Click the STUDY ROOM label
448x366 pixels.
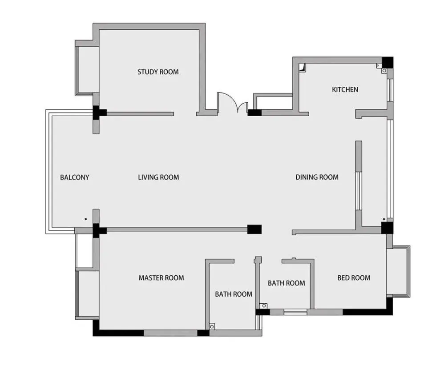158,72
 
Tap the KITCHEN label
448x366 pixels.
345,89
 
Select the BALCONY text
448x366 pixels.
75,177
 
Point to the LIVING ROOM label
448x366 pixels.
158,177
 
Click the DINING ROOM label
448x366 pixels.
317,177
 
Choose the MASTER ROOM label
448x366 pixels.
161,278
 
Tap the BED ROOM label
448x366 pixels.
354,278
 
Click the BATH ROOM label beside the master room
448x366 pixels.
234,294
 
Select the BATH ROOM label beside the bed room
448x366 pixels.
287,283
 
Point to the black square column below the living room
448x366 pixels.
254,229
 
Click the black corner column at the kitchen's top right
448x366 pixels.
387,63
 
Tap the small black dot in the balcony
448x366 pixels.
85,219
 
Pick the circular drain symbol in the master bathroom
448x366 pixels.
212,326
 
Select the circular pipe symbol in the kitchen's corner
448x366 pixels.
384,70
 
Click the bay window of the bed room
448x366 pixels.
399,271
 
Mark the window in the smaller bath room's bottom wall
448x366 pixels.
295,312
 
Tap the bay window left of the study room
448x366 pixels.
85,71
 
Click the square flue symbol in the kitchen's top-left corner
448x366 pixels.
302,68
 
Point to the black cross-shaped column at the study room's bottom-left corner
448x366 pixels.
98,113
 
